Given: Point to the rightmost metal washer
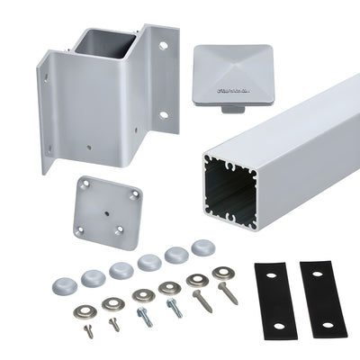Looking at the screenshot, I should (223, 272).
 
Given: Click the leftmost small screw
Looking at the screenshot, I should (87, 330).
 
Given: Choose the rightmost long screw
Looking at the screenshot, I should (229, 292).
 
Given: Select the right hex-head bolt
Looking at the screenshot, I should (174, 307).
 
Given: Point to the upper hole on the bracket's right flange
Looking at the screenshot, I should (163, 44).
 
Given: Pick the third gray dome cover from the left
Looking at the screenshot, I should (121, 270).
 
